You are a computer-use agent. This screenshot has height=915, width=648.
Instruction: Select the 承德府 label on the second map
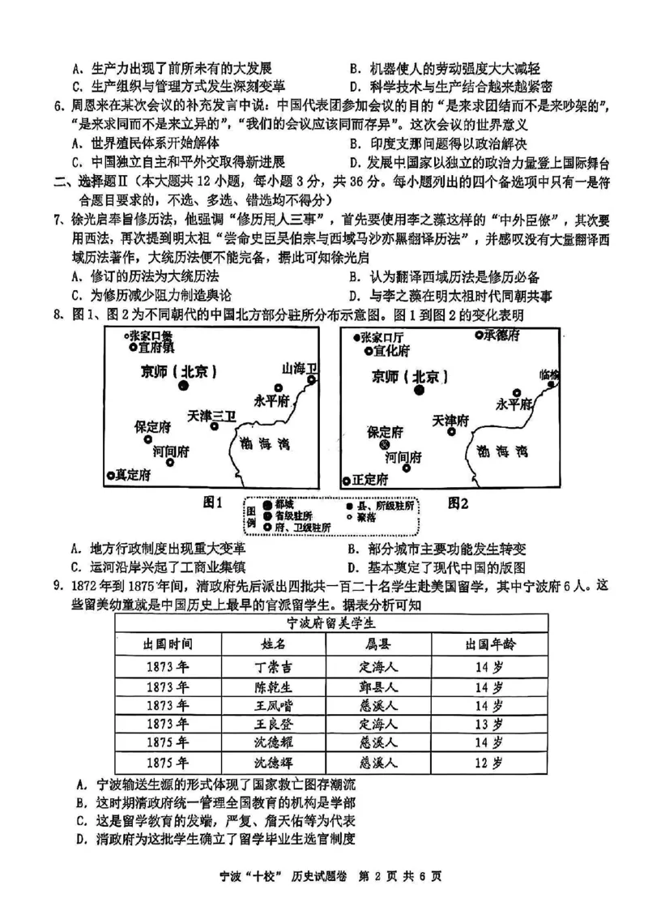click(502, 336)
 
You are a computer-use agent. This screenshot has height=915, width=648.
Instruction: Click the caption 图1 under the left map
click(213, 503)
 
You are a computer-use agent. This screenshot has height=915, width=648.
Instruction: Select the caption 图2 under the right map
click(458, 503)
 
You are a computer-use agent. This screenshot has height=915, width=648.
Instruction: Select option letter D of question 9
click(80, 840)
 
